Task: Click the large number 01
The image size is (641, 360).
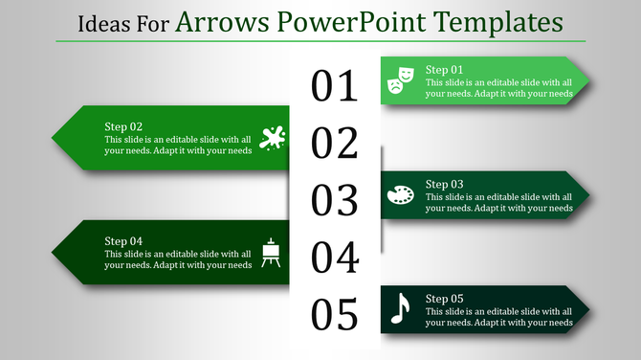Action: point(335,86)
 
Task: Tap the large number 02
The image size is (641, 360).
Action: point(335,144)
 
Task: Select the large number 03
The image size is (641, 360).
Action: point(335,200)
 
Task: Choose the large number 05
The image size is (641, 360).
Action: point(335,314)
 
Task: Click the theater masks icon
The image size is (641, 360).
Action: point(400,81)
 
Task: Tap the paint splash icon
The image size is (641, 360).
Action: point(272,138)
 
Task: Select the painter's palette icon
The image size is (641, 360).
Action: point(400,195)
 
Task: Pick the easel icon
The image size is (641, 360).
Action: point(272,252)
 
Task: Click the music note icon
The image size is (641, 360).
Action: point(400,308)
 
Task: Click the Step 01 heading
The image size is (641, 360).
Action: point(444,70)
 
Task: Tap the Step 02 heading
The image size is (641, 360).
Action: point(123,126)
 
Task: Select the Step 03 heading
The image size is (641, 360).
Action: point(444,184)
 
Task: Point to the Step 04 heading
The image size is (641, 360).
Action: point(123,240)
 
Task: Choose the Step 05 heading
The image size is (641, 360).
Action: point(444,298)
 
